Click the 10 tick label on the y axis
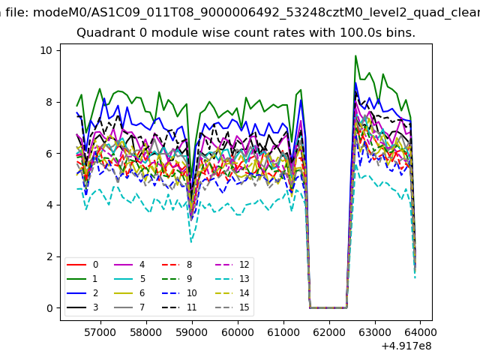(46, 50)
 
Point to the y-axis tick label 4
(49, 205)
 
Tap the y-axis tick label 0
(49, 308)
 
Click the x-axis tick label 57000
(100, 331)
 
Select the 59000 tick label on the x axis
(191, 331)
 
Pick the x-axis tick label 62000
(328, 331)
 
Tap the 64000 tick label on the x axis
(420, 331)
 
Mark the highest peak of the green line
(355, 55)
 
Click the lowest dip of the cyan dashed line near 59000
(191, 241)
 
